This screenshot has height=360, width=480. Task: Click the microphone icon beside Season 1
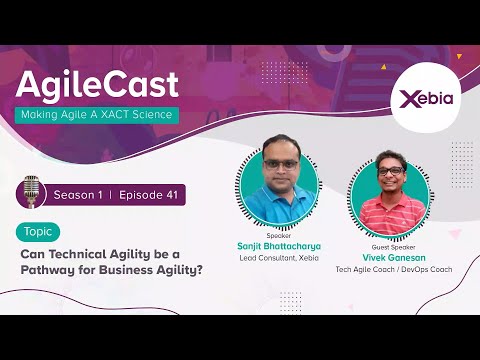35,192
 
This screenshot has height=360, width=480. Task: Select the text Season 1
79,194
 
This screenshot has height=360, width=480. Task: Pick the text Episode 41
148,194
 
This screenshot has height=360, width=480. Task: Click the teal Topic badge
38,232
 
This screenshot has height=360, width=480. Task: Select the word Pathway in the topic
48,269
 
